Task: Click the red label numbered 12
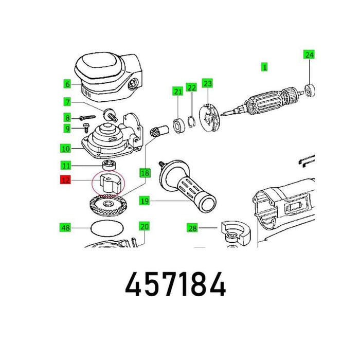click(x=65, y=180)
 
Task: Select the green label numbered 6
click(x=67, y=84)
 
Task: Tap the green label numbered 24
click(x=309, y=55)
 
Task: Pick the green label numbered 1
click(x=264, y=67)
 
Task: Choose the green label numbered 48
click(x=65, y=227)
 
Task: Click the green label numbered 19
click(x=145, y=201)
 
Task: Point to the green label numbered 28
click(x=192, y=228)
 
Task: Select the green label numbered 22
click(x=191, y=87)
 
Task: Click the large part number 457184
click(x=176, y=284)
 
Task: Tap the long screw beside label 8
click(x=87, y=118)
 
